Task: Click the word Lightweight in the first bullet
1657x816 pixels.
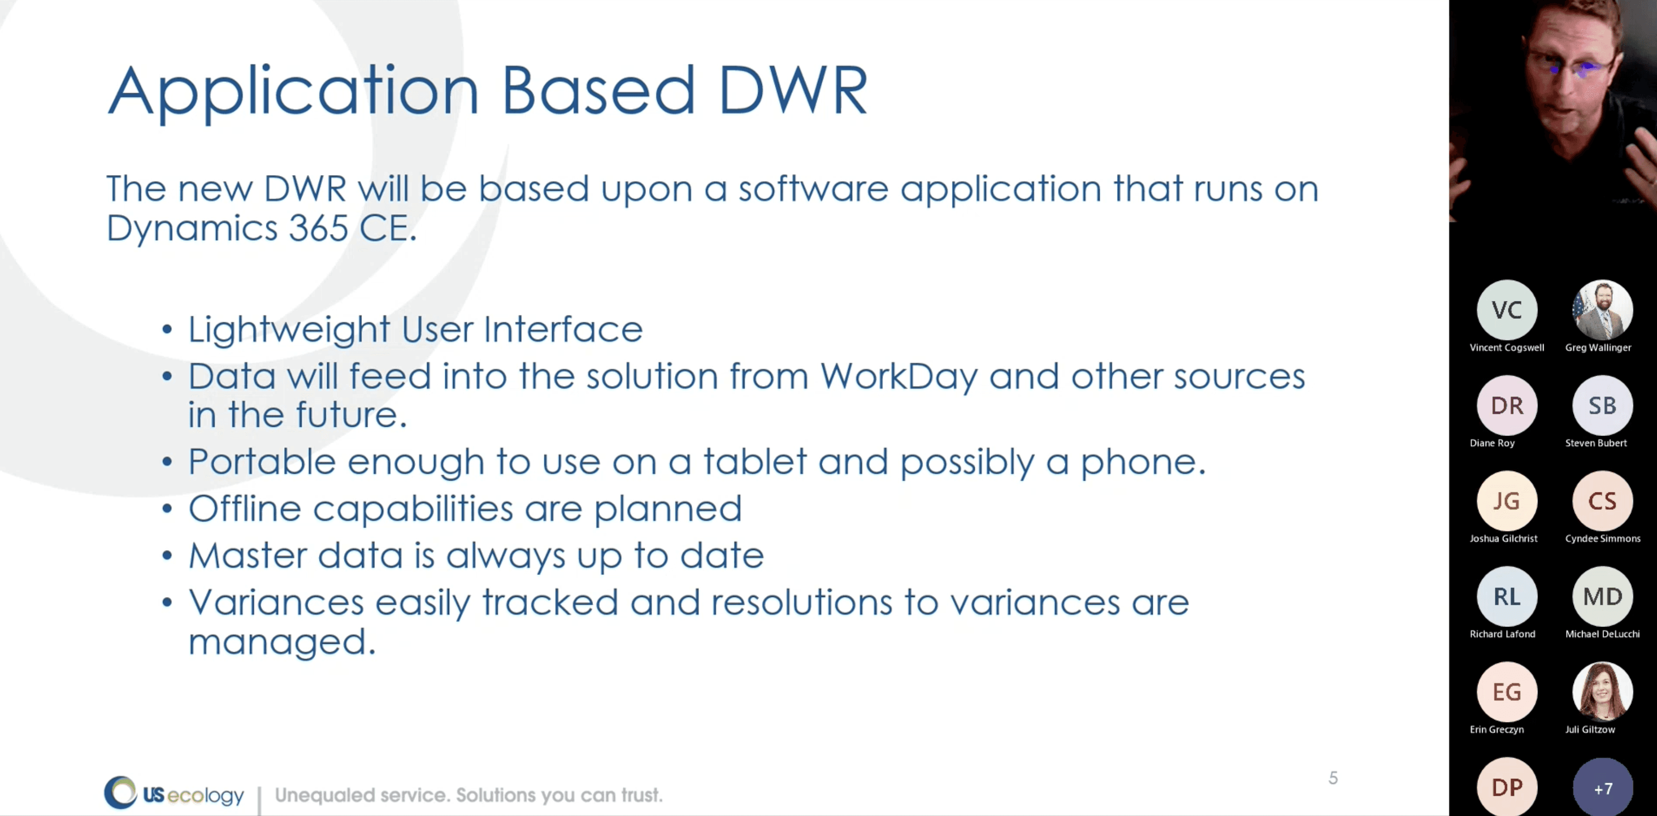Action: point(289,330)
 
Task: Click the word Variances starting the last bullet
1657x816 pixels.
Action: point(276,602)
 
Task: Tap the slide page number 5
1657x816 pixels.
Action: point(1333,778)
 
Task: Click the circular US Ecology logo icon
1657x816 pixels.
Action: point(120,792)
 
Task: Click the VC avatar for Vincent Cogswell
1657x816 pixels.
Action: point(1506,310)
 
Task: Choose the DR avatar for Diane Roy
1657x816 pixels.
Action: point(1506,406)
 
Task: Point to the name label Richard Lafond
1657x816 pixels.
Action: point(1502,634)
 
